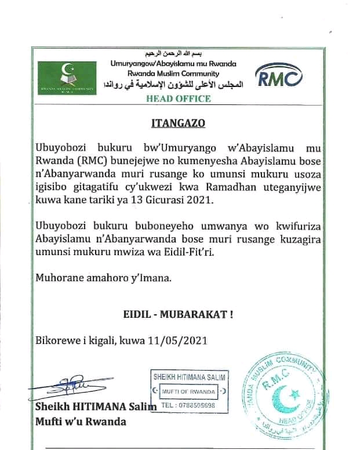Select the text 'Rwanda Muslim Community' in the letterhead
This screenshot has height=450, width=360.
pyautogui.click(x=165, y=74)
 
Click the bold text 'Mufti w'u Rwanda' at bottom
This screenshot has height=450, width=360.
pyautogui.click(x=81, y=422)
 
